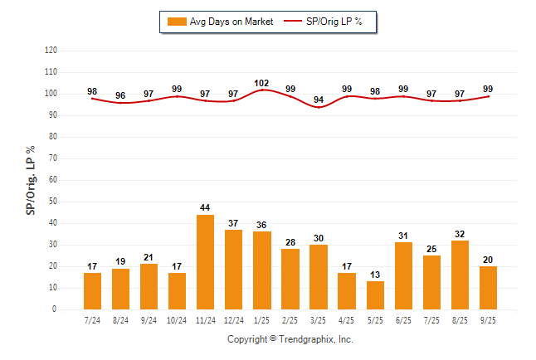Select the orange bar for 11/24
pyautogui.click(x=205, y=262)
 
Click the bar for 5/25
pyautogui.click(x=374, y=295)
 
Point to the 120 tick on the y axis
pyautogui.click(x=51, y=51)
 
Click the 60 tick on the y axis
pyautogui.click(x=52, y=180)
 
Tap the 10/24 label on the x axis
pyautogui.click(x=177, y=319)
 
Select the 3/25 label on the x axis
pyautogui.click(x=318, y=319)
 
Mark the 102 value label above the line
pyautogui.click(x=261, y=83)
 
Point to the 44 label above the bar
pyautogui.click(x=205, y=207)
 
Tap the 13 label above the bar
pyautogui.click(x=374, y=275)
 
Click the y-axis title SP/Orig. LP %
pyautogui.click(x=31, y=179)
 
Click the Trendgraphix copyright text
pyautogui.click(x=290, y=339)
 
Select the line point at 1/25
pyautogui.click(x=261, y=90)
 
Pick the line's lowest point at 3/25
pyautogui.click(x=318, y=107)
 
